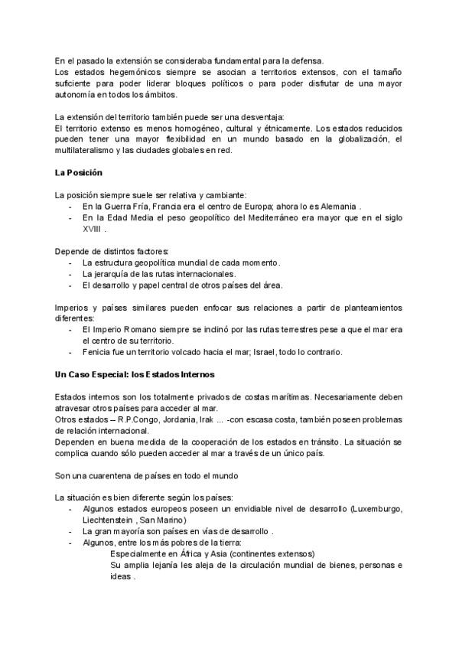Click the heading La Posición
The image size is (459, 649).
coord(79,172)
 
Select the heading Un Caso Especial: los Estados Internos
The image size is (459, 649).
coord(135,375)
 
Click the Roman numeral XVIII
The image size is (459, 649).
coord(91,228)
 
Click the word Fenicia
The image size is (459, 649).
coord(99,352)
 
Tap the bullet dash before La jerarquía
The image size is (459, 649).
coord(70,273)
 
